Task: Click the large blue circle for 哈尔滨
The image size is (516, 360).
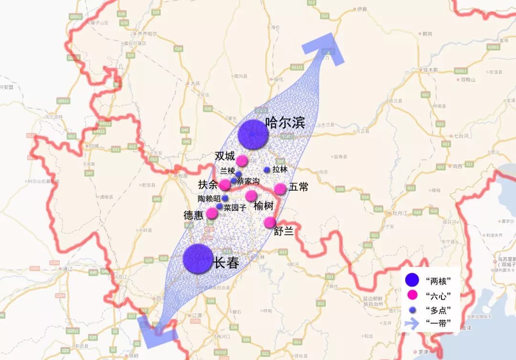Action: (253, 134)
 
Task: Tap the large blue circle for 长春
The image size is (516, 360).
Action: (198, 259)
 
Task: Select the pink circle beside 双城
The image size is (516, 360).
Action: (242, 160)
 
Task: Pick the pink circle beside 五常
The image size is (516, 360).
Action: (280, 189)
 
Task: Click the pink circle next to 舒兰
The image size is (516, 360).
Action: (270, 222)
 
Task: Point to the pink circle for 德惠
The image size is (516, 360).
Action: (212, 213)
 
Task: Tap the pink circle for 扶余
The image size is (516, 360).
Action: (225, 185)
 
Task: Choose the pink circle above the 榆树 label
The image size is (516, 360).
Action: (251, 196)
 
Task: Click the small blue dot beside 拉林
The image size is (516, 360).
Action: (267, 170)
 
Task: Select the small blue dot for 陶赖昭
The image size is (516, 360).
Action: (225, 198)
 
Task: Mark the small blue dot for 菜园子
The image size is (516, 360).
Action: (219, 207)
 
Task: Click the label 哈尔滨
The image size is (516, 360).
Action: (284, 123)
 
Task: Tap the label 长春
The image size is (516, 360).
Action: (226, 262)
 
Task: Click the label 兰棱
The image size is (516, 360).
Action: (227, 171)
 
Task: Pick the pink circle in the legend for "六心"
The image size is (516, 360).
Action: (409, 294)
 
